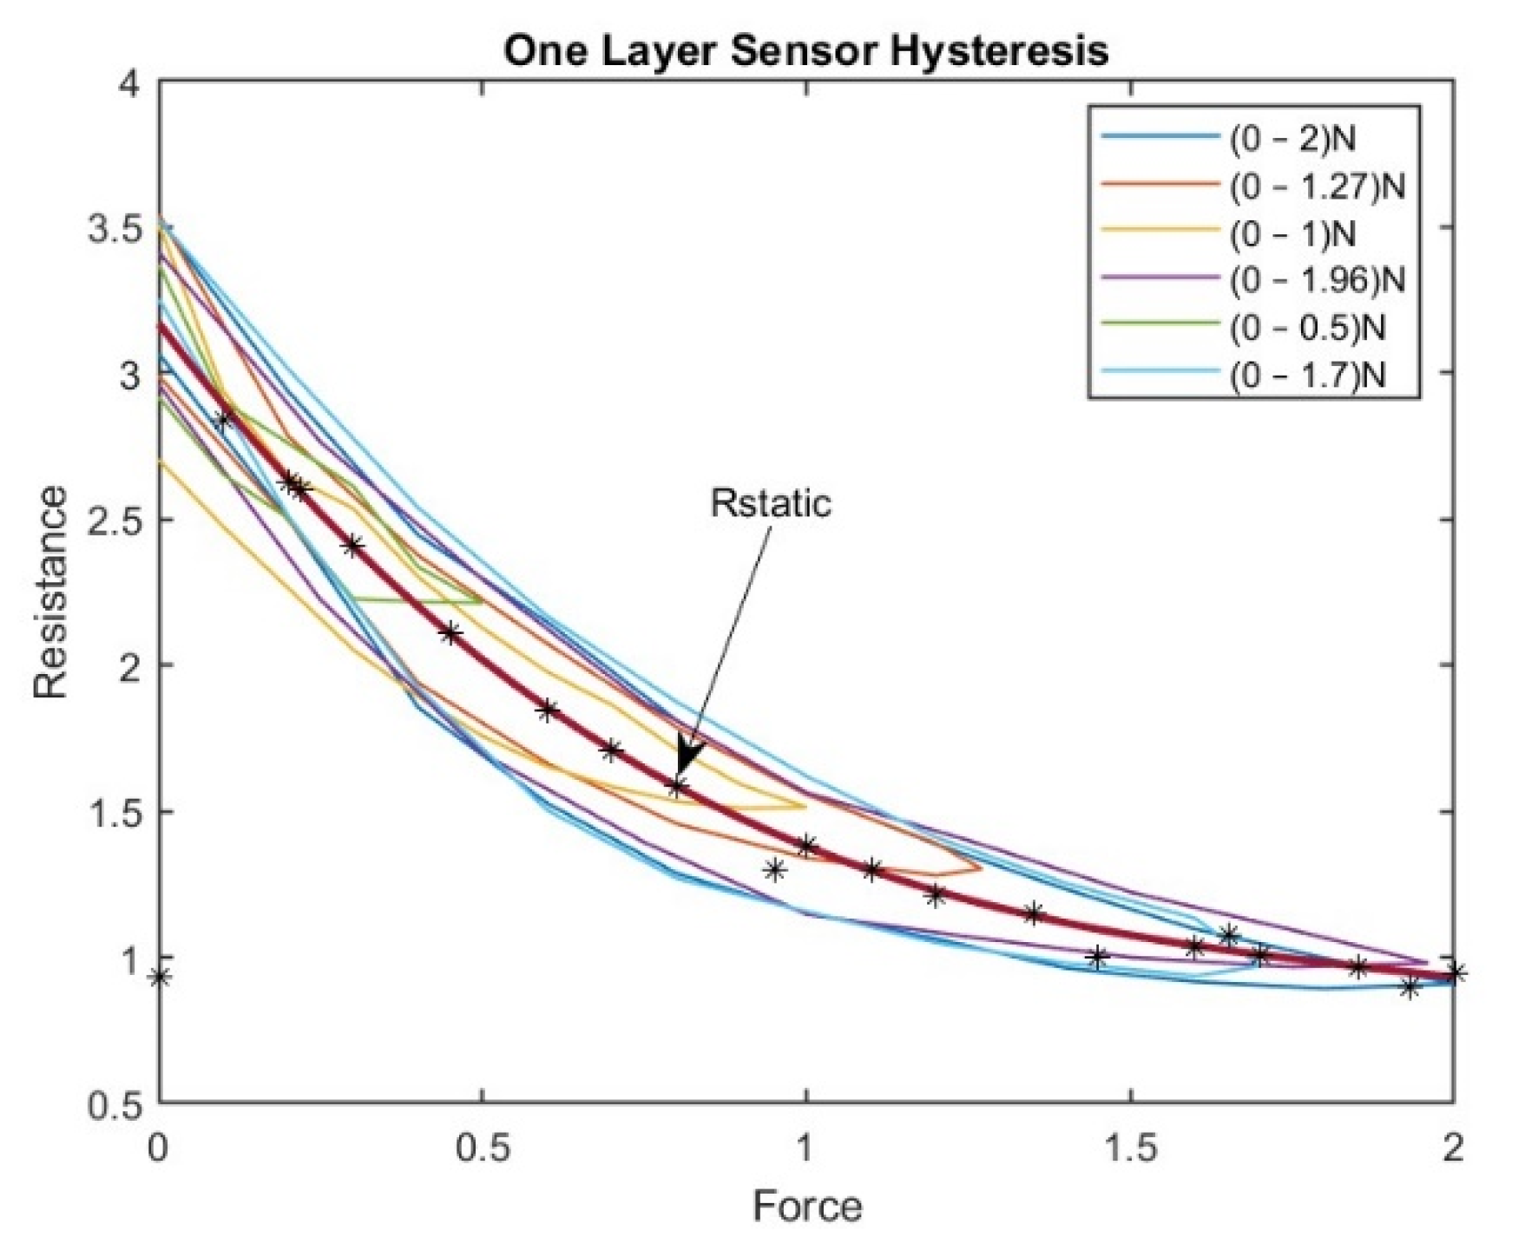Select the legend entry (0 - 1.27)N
[1316, 187]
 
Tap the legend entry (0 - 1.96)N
[1316, 280]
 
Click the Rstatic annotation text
[771, 504]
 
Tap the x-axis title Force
[807, 1207]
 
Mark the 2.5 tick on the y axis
[115, 520]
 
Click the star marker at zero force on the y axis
[159, 978]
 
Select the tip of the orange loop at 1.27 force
[980, 867]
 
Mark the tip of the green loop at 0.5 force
[482, 599]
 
